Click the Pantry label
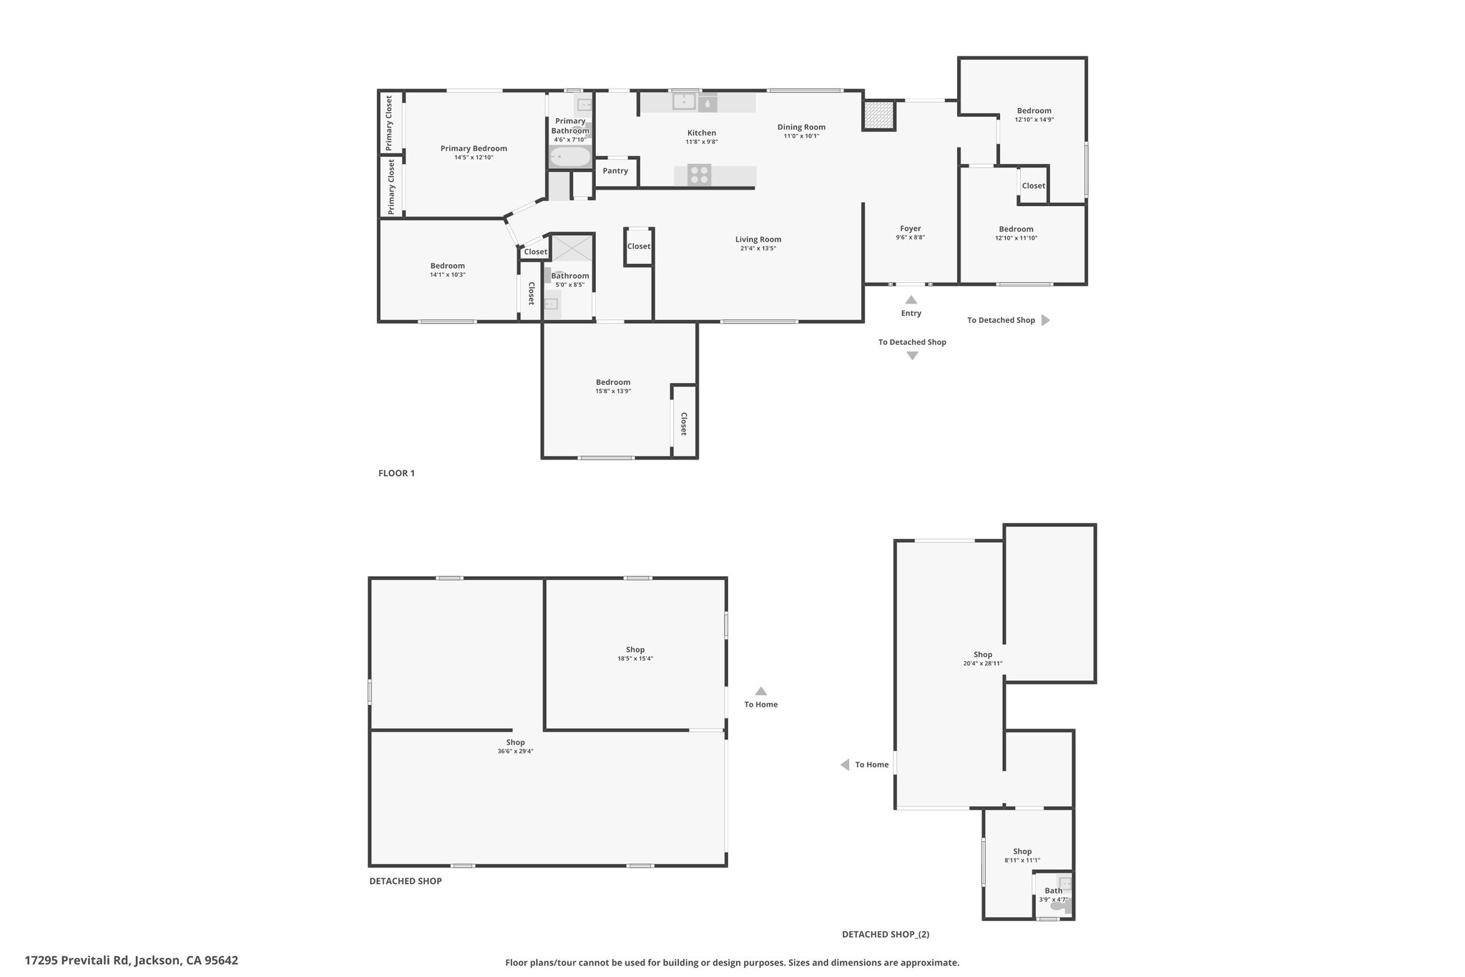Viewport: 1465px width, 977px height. pos(615,171)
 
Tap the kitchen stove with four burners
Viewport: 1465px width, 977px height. pos(700,175)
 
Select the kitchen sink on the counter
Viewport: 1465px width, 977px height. pos(684,102)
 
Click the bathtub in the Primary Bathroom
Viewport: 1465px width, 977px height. pos(570,156)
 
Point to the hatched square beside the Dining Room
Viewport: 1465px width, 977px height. pos(879,115)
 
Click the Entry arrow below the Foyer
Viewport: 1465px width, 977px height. pos(911,300)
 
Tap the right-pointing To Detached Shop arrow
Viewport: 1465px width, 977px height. pos(1045,320)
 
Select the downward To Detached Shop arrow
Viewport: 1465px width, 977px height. pos(912,356)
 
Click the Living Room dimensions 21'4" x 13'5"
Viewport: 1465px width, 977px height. pos(758,248)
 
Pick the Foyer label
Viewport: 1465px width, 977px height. pos(911,229)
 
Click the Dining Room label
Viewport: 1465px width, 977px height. pos(801,127)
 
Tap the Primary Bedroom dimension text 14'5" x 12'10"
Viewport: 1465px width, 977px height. pos(474,157)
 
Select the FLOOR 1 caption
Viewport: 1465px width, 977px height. pos(396,473)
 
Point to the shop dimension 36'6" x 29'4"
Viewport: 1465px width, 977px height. pos(516,752)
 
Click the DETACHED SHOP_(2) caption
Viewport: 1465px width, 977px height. pos(886,934)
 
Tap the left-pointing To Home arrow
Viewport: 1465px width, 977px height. pos(845,764)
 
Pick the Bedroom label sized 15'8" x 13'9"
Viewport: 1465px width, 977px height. pos(613,382)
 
